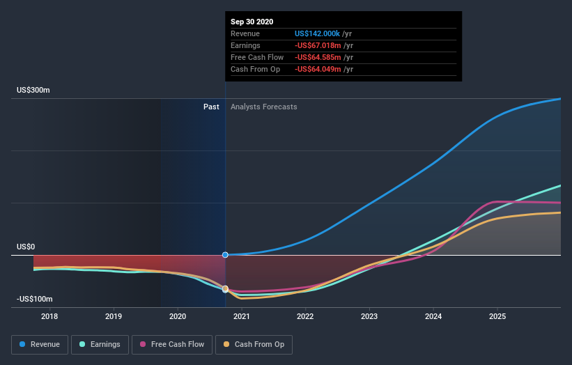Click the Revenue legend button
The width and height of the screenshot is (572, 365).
pyautogui.click(x=40, y=344)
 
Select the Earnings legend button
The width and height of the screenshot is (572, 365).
pyautogui.click(x=100, y=344)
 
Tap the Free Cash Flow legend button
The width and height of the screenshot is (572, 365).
pyautogui.click(x=172, y=344)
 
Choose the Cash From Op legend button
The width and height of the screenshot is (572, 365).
pyautogui.click(x=254, y=344)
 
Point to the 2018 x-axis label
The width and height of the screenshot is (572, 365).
pyautogui.click(x=49, y=316)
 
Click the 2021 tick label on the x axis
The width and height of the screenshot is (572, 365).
pyautogui.click(x=241, y=316)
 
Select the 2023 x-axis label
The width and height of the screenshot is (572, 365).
pyautogui.click(x=369, y=316)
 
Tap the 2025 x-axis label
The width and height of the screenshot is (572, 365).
pyautogui.click(x=497, y=316)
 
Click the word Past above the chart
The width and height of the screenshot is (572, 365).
pyautogui.click(x=211, y=107)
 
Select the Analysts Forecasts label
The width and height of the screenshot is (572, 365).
pyautogui.click(x=264, y=107)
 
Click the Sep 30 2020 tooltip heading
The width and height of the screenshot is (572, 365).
pyautogui.click(x=252, y=22)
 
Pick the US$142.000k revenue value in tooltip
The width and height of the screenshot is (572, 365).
pyautogui.click(x=318, y=33)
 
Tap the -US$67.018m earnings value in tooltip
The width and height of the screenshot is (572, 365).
pyautogui.click(x=317, y=45)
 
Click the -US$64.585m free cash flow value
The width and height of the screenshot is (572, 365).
pyautogui.click(x=317, y=57)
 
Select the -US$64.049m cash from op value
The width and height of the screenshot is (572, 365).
pyautogui.click(x=317, y=69)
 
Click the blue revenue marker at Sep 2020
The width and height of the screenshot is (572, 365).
pyautogui.click(x=225, y=255)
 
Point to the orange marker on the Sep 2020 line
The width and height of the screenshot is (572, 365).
pyautogui.click(x=225, y=288)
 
